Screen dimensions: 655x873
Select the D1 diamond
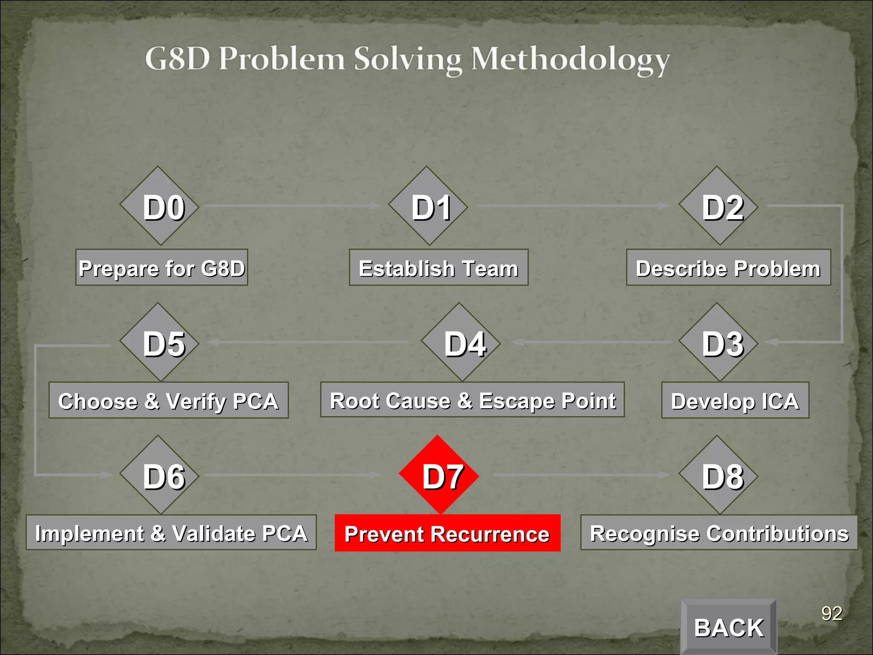428,206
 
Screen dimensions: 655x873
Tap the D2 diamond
718,206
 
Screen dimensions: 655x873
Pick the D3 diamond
718,342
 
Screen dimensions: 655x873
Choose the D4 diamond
460,342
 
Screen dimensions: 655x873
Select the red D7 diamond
439,475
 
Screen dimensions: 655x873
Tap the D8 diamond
718,475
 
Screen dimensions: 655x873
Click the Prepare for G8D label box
162,267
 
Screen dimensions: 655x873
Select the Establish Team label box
439,267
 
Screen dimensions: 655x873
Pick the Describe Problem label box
728,267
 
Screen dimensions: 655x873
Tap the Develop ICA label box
735,400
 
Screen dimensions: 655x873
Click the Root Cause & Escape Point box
472,400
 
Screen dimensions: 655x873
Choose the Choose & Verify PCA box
168,400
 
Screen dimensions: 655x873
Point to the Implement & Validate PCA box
171,532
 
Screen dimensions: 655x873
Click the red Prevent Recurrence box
447,533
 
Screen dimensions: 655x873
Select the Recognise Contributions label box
719,532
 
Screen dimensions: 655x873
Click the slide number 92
832,614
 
